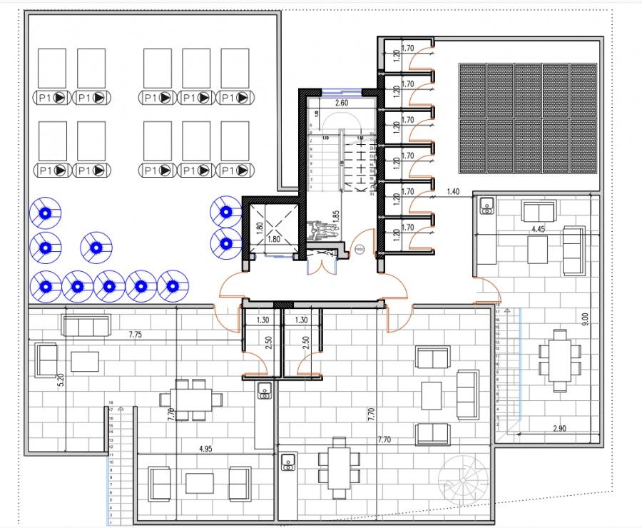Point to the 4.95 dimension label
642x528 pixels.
point(206,449)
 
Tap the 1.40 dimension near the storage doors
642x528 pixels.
point(453,191)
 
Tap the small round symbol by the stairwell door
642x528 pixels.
point(360,249)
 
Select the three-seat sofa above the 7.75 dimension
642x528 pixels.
point(86,325)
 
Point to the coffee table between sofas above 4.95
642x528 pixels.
point(200,483)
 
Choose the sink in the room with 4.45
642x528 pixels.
point(488,206)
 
